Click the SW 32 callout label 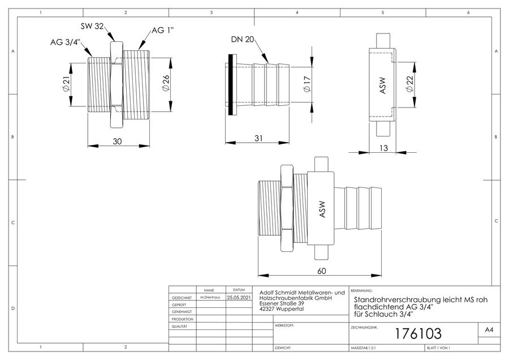(92, 26)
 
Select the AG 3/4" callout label (65, 42)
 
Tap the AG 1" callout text (163, 30)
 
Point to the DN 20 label (242, 39)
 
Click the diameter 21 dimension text (66, 84)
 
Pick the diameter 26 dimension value (166, 84)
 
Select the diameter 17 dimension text (307, 84)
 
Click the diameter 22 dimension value (410, 84)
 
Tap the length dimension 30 (117, 142)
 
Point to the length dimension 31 (258, 138)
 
